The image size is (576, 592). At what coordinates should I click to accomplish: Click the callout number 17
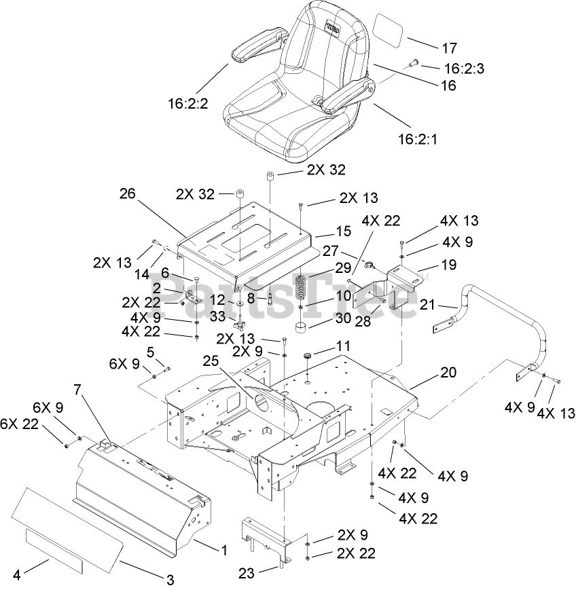click(450, 48)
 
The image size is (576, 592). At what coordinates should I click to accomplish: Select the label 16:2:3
click(468, 68)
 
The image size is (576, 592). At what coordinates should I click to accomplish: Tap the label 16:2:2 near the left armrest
click(187, 103)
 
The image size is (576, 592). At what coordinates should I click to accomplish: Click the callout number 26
click(127, 193)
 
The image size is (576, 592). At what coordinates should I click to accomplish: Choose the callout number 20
click(448, 372)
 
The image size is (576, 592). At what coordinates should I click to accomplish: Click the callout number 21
click(427, 286)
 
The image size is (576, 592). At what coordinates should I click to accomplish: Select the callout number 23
click(247, 574)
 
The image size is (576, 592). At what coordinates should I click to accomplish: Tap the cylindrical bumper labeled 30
click(300, 329)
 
